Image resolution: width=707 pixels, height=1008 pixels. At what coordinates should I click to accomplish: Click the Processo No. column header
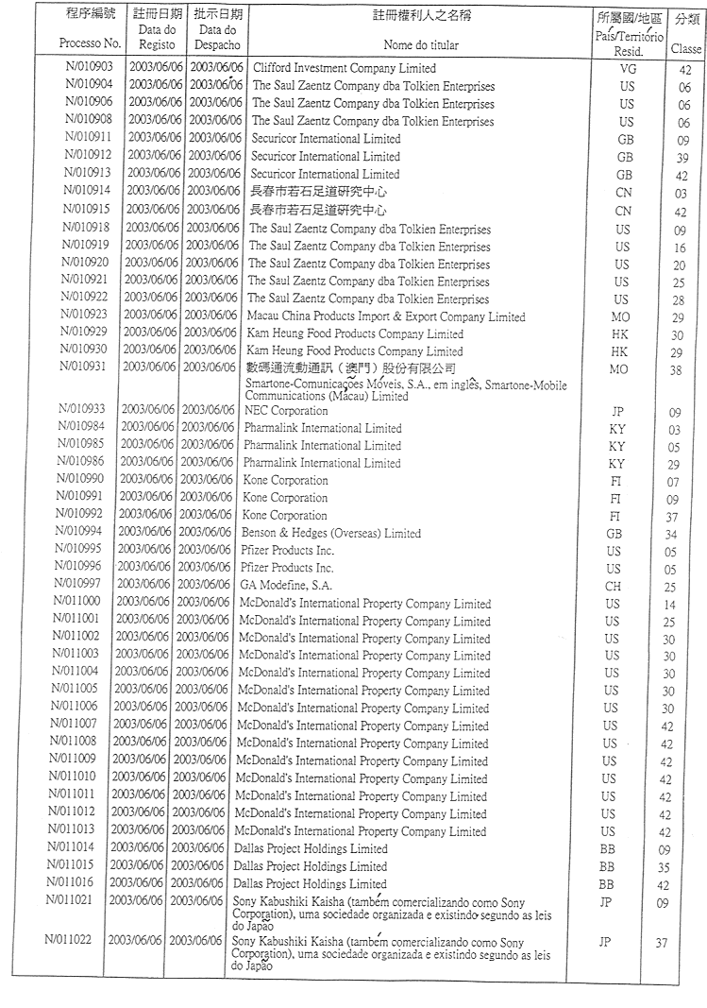tap(91, 43)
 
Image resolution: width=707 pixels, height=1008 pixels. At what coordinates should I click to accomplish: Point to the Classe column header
tap(685, 47)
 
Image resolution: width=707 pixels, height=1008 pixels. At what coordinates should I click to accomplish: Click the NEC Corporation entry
tap(286, 411)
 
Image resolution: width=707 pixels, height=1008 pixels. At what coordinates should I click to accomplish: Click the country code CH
tap(614, 587)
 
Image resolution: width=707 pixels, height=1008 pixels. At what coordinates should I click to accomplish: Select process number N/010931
tap(86, 368)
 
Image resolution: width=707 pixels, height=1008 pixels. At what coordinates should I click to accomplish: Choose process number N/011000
tap(81, 603)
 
